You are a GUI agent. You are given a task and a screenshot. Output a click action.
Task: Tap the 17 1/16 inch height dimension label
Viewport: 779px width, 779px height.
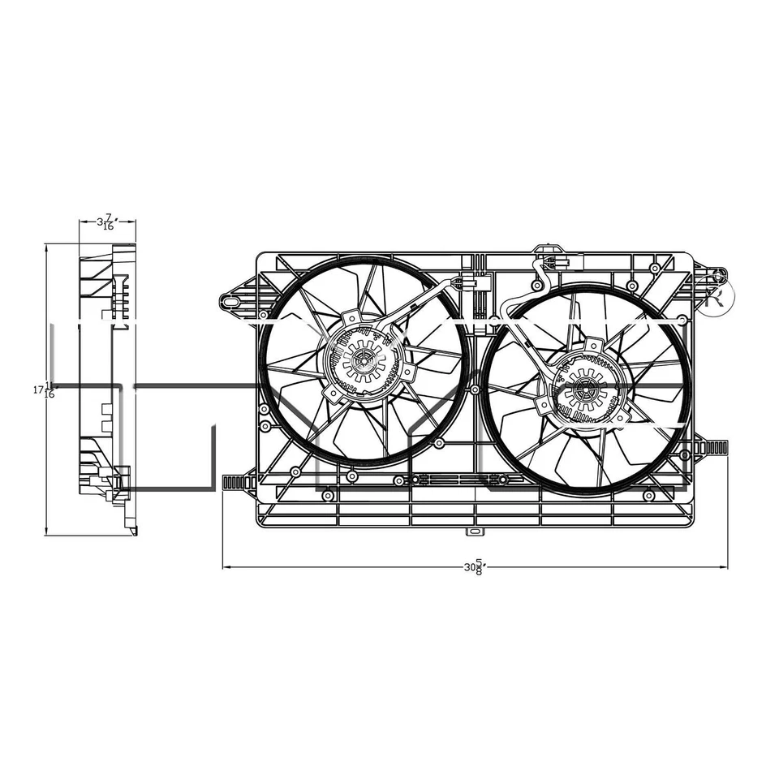[x=44, y=389]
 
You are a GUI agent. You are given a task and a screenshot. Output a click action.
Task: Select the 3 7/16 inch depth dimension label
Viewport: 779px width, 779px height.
[x=106, y=222]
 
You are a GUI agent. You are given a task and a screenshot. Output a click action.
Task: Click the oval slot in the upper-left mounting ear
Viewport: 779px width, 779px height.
[x=231, y=302]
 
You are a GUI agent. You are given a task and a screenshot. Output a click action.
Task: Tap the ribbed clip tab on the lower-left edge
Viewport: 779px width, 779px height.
[x=239, y=483]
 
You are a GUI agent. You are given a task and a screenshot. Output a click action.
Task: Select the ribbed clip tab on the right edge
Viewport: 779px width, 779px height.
[x=712, y=447]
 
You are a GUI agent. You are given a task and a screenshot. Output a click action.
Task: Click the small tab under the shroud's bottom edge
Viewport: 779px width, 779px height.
[x=474, y=533]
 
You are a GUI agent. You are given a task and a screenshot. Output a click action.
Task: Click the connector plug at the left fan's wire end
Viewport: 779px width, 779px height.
[x=468, y=285]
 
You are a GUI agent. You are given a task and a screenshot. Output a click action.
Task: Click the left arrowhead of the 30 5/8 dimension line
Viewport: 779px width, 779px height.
[x=226, y=567]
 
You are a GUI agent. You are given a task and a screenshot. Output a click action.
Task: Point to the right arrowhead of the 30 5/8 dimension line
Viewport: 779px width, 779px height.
[x=725, y=567]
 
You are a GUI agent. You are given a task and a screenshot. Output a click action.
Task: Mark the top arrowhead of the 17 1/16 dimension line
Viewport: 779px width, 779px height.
[x=47, y=247]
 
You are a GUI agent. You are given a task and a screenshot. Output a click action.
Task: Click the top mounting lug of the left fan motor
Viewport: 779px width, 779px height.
[x=351, y=316]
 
